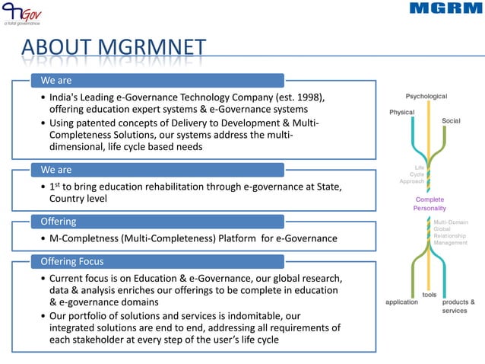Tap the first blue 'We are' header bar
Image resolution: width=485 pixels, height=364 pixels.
(x=157, y=81)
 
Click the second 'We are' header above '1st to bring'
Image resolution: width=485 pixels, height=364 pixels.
(x=157, y=169)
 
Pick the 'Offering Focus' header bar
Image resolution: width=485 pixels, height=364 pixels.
(x=157, y=262)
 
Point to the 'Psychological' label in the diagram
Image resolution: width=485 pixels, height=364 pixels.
(x=426, y=97)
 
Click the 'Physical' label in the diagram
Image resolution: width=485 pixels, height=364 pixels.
(x=401, y=112)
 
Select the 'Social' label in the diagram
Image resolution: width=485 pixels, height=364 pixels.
(x=451, y=121)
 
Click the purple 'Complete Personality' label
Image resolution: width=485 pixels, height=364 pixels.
(x=430, y=203)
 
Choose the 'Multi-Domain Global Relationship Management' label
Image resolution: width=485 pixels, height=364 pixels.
(x=450, y=232)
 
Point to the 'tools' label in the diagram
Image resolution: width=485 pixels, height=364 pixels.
(x=429, y=294)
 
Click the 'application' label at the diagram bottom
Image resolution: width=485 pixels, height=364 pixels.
(x=401, y=302)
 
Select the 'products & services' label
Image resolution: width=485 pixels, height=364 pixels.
(x=458, y=306)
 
